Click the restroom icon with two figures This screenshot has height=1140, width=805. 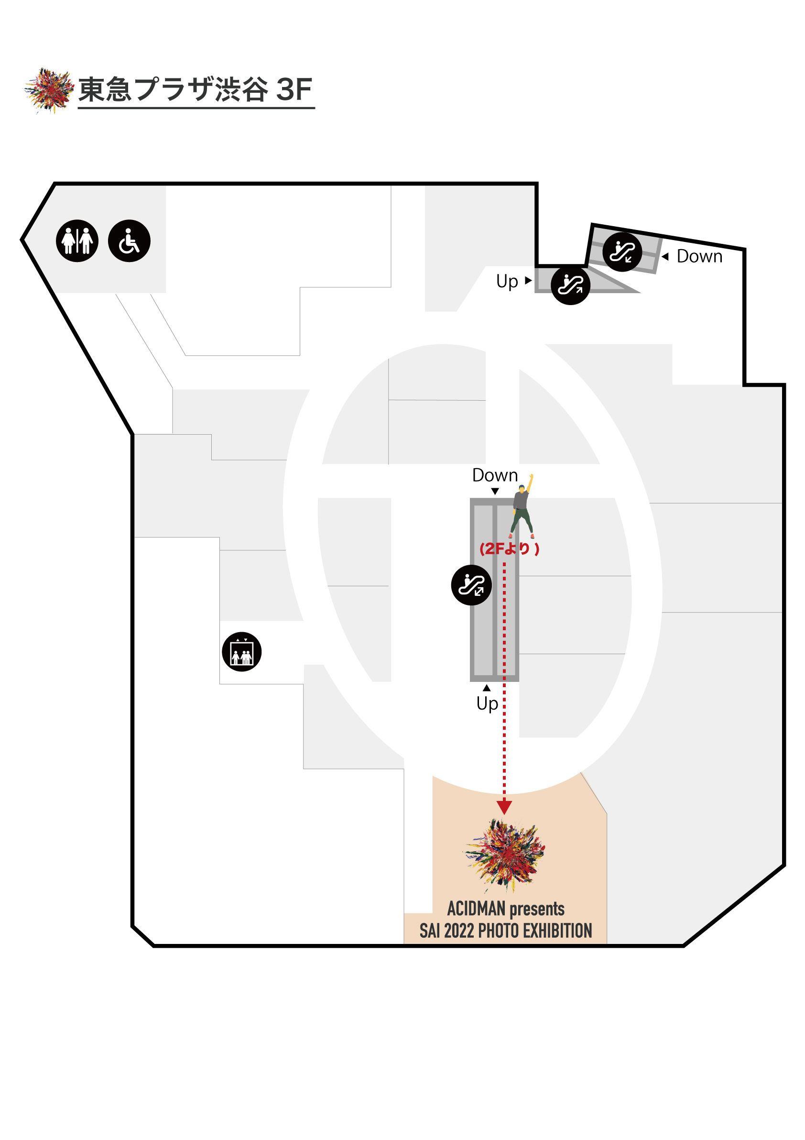point(77,241)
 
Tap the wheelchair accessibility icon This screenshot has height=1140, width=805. point(129,241)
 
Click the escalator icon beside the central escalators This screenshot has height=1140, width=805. point(471,585)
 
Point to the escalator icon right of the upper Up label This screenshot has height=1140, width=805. point(570,285)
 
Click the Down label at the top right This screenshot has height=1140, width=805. point(699,257)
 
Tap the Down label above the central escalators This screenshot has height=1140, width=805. point(494,476)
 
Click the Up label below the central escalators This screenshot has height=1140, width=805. point(487,703)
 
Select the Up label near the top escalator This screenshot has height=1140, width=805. point(507,282)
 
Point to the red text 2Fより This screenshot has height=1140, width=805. point(509,548)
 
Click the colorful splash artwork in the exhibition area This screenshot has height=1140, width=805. point(505,854)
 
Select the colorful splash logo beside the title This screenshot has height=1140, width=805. point(49,90)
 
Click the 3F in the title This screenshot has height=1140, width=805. point(294,90)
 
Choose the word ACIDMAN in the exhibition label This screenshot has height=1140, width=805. point(476,909)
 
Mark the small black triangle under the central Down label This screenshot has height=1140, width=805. point(495,491)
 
